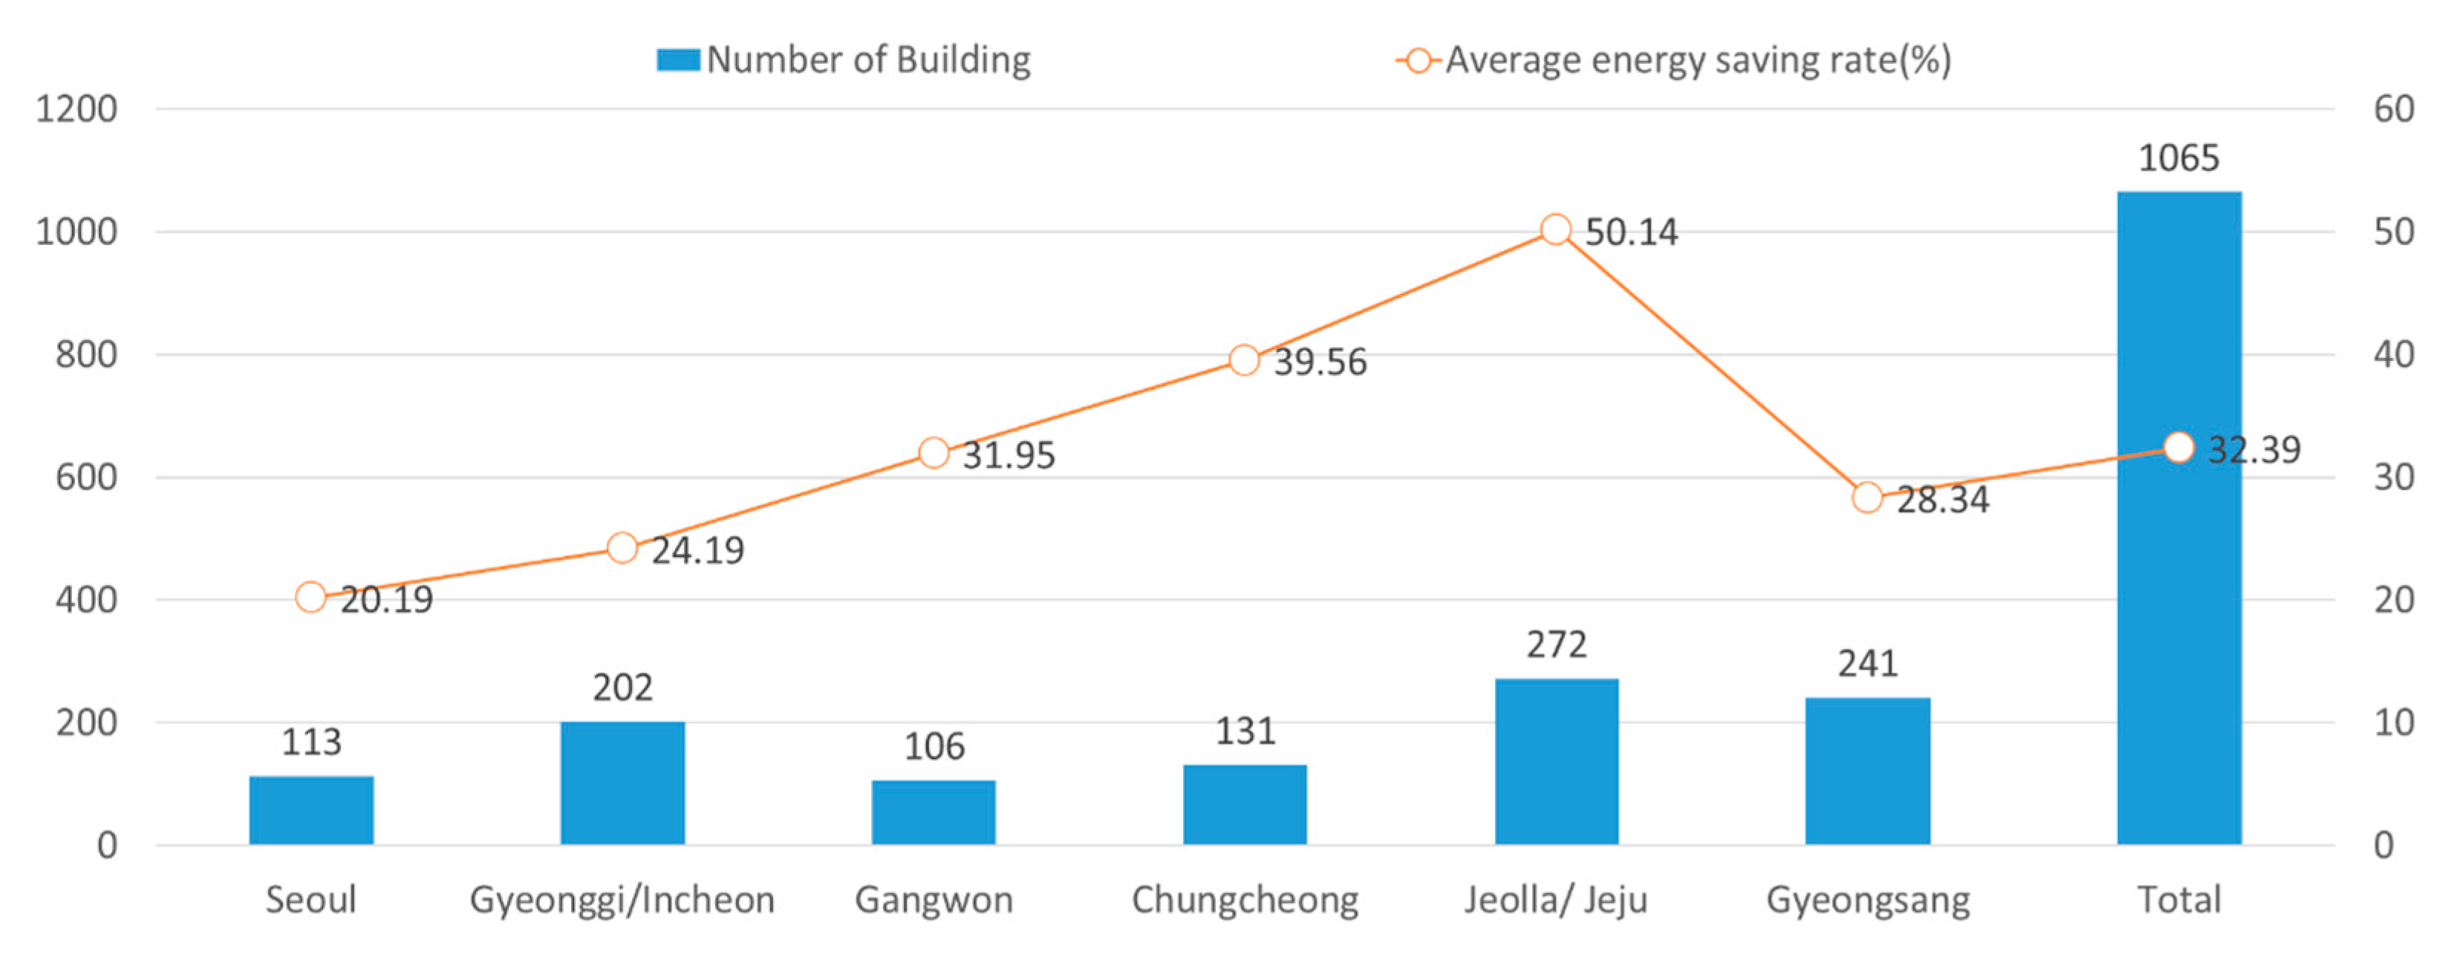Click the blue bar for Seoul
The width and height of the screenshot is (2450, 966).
pos(311,810)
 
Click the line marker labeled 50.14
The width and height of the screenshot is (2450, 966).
pos(1556,229)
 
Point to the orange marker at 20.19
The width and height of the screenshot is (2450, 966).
pos(311,597)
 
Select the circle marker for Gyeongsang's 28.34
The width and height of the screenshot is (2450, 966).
pos(1867,497)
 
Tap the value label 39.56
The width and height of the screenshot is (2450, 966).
pos(1320,362)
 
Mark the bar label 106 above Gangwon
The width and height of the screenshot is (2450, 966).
pos(934,746)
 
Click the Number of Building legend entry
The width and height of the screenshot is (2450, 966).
pos(844,60)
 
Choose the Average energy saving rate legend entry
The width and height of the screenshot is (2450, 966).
pos(1674,60)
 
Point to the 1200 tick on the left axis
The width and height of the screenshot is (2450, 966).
pos(76,108)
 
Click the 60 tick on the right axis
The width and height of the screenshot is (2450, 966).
pos(2394,108)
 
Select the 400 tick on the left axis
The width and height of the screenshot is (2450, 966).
pos(85,600)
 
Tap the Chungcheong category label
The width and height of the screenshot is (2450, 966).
pos(1245,899)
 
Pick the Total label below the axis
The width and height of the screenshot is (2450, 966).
pos(2178,899)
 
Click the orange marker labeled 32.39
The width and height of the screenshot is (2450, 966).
pos(2178,447)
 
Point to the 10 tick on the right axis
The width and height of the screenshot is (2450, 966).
pos(2394,722)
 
